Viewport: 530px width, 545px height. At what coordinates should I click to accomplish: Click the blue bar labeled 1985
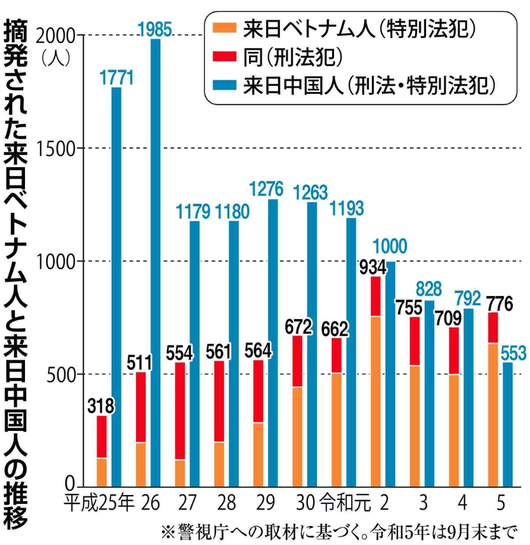pos(156,262)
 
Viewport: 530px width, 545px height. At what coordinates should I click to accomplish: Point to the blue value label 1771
pos(116,78)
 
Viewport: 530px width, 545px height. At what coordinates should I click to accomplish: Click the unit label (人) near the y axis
pos(57,58)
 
